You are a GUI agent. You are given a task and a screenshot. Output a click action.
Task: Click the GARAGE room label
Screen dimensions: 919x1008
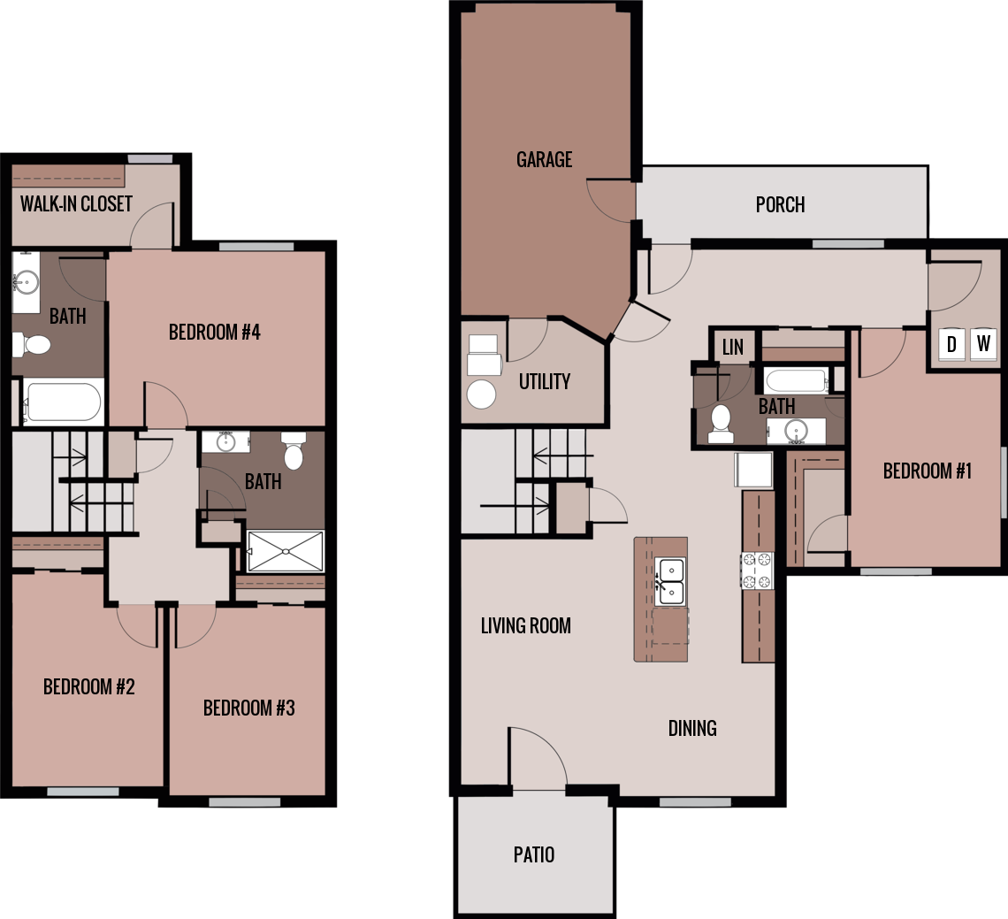[x=544, y=160]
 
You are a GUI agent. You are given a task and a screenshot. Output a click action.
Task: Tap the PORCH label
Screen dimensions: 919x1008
[x=780, y=205]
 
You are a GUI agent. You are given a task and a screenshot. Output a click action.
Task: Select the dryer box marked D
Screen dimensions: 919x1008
[x=951, y=344]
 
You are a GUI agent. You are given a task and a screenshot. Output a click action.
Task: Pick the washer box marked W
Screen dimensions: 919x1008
[x=983, y=343]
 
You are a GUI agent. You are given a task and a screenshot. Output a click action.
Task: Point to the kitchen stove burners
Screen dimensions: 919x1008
[x=758, y=571]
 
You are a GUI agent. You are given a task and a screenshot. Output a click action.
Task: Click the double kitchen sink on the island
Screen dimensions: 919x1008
[x=670, y=581]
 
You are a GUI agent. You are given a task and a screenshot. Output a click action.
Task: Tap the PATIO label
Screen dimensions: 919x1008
[x=534, y=855]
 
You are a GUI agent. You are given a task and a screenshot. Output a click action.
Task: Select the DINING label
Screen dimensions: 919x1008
[x=691, y=729]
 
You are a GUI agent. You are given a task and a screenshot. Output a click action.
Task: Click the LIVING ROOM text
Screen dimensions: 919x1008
[x=525, y=626]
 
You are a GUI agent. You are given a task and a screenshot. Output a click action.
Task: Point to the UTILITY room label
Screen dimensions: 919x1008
[x=544, y=382]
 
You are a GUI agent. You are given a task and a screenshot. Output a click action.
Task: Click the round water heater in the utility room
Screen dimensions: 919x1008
[x=481, y=394]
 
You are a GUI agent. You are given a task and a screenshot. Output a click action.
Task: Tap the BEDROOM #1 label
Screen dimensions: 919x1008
[x=927, y=471]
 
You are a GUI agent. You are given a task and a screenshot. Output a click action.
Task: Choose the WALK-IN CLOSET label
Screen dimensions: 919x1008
[x=76, y=204]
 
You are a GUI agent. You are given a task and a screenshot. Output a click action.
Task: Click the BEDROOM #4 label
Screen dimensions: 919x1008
[x=214, y=333]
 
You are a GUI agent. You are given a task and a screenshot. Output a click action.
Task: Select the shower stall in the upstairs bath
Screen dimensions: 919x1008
[x=286, y=551]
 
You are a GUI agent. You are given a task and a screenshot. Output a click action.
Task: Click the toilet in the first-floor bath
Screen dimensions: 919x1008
[x=721, y=423]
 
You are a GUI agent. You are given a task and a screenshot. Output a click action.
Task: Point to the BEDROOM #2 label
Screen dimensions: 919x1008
[x=88, y=687]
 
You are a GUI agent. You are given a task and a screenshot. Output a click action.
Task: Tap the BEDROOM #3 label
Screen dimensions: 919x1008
[x=248, y=708]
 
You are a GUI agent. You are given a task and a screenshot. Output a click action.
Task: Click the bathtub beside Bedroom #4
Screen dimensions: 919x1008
[x=62, y=402]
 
